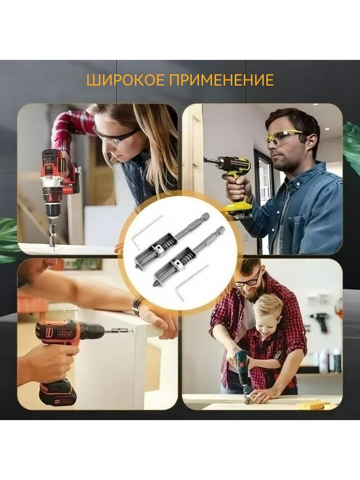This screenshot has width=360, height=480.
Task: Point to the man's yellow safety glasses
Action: (x=285, y=136)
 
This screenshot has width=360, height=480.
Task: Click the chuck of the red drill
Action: (x=53, y=211)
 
